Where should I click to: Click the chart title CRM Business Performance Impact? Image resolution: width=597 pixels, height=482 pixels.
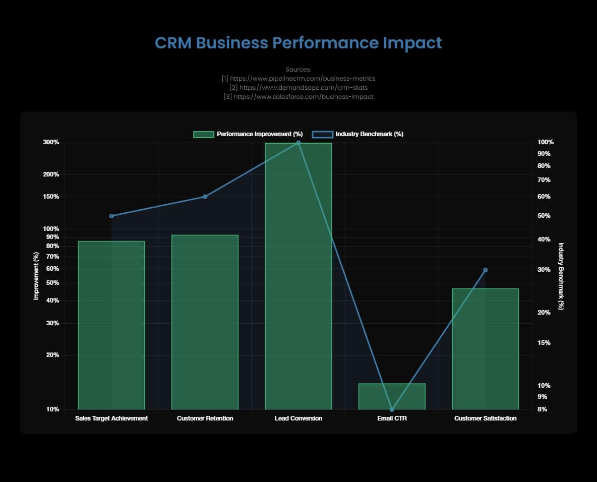click(x=298, y=43)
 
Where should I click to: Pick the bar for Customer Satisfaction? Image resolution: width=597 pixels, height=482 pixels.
click(x=485, y=349)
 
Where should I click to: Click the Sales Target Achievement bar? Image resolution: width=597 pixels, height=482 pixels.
click(x=111, y=325)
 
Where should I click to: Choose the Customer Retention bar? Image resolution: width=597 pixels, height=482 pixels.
click(x=205, y=322)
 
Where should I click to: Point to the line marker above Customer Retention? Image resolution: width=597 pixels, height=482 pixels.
click(x=205, y=197)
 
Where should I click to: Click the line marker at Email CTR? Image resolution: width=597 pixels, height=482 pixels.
click(x=392, y=409)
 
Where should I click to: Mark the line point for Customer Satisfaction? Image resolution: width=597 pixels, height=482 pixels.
click(x=486, y=270)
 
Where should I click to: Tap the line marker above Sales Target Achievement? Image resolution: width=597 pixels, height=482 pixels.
click(x=111, y=216)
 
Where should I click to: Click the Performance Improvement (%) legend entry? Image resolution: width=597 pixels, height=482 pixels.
click(x=248, y=134)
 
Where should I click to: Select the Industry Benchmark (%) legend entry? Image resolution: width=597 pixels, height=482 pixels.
click(x=358, y=134)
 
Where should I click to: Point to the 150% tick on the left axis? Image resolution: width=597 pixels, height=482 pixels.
click(x=51, y=197)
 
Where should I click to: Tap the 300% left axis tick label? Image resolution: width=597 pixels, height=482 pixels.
click(x=51, y=142)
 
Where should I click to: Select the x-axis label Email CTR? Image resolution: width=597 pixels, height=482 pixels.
click(x=392, y=418)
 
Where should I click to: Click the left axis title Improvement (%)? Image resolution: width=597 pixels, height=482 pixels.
click(x=36, y=276)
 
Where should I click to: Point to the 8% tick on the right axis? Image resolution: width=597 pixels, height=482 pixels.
click(x=542, y=409)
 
